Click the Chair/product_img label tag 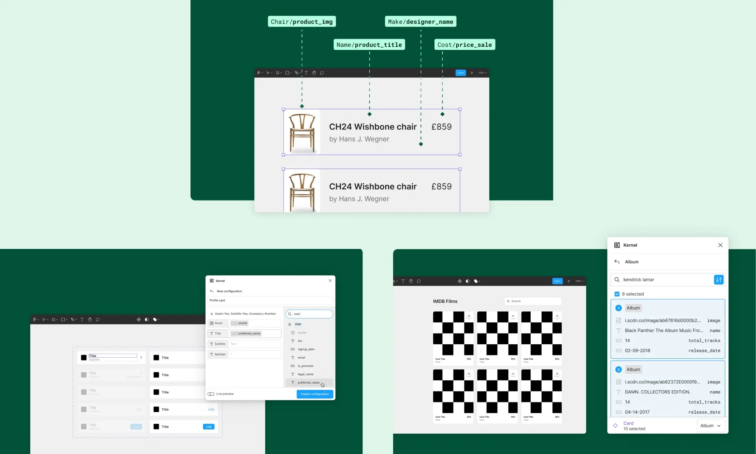pos(302,22)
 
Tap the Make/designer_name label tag pos(420,22)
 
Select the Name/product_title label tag pos(369,45)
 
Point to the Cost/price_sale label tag pos(465,45)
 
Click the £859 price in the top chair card pos(442,127)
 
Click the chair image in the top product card pos(302,132)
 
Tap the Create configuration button pos(314,394)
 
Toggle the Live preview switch pos(211,394)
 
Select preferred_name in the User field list pos(308,382)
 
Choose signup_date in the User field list pos(306,349)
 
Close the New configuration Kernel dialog pos(330,281)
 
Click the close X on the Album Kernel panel pos(720,245)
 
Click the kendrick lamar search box pos(665,280)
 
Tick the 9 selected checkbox pos(617,294)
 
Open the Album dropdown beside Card pos(710,426)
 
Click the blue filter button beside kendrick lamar pos(719,280)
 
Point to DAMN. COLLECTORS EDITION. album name pos(657,392)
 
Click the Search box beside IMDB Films pos(533,301)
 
